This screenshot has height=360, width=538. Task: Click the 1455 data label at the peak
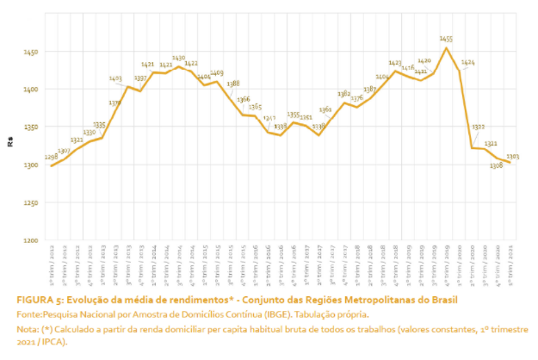[446, 39]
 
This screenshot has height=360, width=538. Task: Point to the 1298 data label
[51, 158]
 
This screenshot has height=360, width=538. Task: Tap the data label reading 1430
[178, 58]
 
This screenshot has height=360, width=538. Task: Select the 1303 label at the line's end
[512, 156]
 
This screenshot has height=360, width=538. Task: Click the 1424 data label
[467, 63]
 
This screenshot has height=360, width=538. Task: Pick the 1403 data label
[115, 78]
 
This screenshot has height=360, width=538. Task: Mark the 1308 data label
[496, 165]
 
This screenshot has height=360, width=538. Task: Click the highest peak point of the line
[446, 47]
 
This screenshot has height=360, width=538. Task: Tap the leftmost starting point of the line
[52, 166]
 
